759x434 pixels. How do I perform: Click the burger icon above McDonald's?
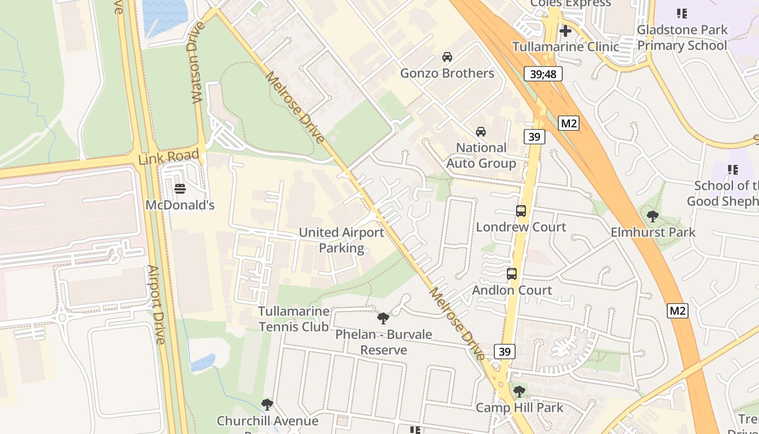coord(180,189)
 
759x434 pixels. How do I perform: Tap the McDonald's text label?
coord(180,205)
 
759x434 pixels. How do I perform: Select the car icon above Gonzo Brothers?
coord(447,57)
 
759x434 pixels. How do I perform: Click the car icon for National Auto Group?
coord(481,132)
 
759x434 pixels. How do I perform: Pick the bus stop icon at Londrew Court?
coord(521,211)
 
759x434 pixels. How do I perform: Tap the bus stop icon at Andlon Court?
coord(512,274)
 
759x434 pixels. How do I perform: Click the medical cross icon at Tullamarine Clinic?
coord(565,31)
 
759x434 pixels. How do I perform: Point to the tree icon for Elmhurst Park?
coord(653,216)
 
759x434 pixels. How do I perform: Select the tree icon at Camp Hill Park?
coord(519,391)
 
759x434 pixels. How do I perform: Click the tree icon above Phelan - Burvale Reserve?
coord(383,318)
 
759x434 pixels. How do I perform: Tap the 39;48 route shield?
coord(543,74)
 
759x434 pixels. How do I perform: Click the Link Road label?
coord(169,157)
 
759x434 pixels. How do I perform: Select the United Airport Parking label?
coord(342,240)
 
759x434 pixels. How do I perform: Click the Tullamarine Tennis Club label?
coord(294,319)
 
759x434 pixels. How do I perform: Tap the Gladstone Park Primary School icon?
coord(682,14)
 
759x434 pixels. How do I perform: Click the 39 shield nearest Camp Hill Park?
coord(505,352)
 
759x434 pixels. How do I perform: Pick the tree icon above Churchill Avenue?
coord(267,404)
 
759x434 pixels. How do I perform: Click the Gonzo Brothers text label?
coord(447,73)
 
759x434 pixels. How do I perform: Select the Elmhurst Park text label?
coord(653,232)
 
